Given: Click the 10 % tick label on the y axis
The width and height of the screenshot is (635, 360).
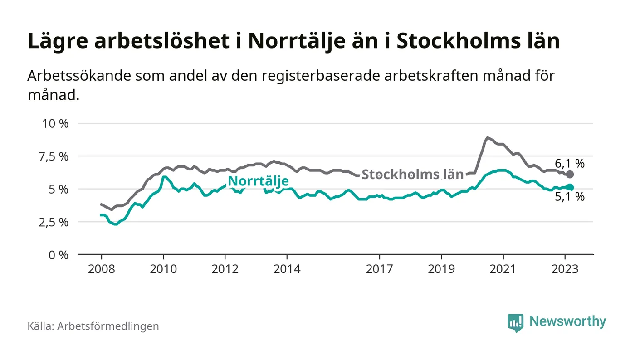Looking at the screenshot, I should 55,123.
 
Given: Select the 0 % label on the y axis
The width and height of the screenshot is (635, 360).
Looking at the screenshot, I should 59,255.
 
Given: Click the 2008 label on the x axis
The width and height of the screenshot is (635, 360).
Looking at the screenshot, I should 101,269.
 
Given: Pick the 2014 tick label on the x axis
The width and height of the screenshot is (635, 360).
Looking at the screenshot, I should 287,269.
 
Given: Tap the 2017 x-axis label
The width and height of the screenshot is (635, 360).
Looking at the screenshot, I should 379,269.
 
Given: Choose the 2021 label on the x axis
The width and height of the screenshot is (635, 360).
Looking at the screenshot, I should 503,269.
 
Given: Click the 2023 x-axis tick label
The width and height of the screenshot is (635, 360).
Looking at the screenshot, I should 565,269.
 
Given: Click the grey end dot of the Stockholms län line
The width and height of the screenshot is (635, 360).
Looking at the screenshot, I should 570,175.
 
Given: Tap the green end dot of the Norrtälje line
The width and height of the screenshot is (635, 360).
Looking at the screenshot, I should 570,187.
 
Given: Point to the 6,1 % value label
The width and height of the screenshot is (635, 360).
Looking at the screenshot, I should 570,163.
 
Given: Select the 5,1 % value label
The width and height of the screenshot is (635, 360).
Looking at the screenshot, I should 570,197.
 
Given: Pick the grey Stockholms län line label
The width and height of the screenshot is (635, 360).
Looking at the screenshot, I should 412,175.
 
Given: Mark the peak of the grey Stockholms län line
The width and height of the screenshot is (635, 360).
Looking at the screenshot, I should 487,137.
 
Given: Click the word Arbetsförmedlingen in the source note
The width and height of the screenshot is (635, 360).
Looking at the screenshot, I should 108,326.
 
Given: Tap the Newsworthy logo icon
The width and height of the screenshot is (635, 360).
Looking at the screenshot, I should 515,322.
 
